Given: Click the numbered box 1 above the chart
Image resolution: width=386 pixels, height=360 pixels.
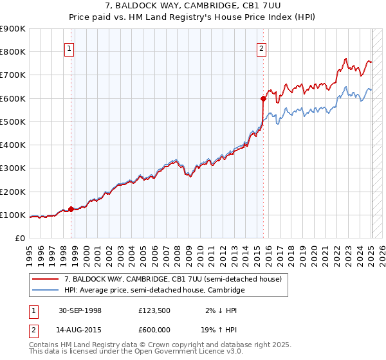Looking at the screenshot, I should [69, 47].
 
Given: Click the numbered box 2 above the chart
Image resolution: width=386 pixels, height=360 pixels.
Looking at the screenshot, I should [262, 47].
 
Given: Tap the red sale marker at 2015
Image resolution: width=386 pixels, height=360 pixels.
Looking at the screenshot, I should [263, 98].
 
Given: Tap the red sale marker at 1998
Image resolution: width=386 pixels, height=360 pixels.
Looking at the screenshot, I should [71, 209].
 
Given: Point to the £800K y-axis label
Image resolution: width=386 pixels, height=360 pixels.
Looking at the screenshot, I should [13, 52].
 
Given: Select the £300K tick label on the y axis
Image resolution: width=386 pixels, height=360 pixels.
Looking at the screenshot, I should [13, 168].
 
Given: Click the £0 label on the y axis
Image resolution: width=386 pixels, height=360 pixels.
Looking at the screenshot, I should [19, 239].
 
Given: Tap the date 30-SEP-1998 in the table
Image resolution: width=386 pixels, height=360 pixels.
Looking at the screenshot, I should [80, 310].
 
